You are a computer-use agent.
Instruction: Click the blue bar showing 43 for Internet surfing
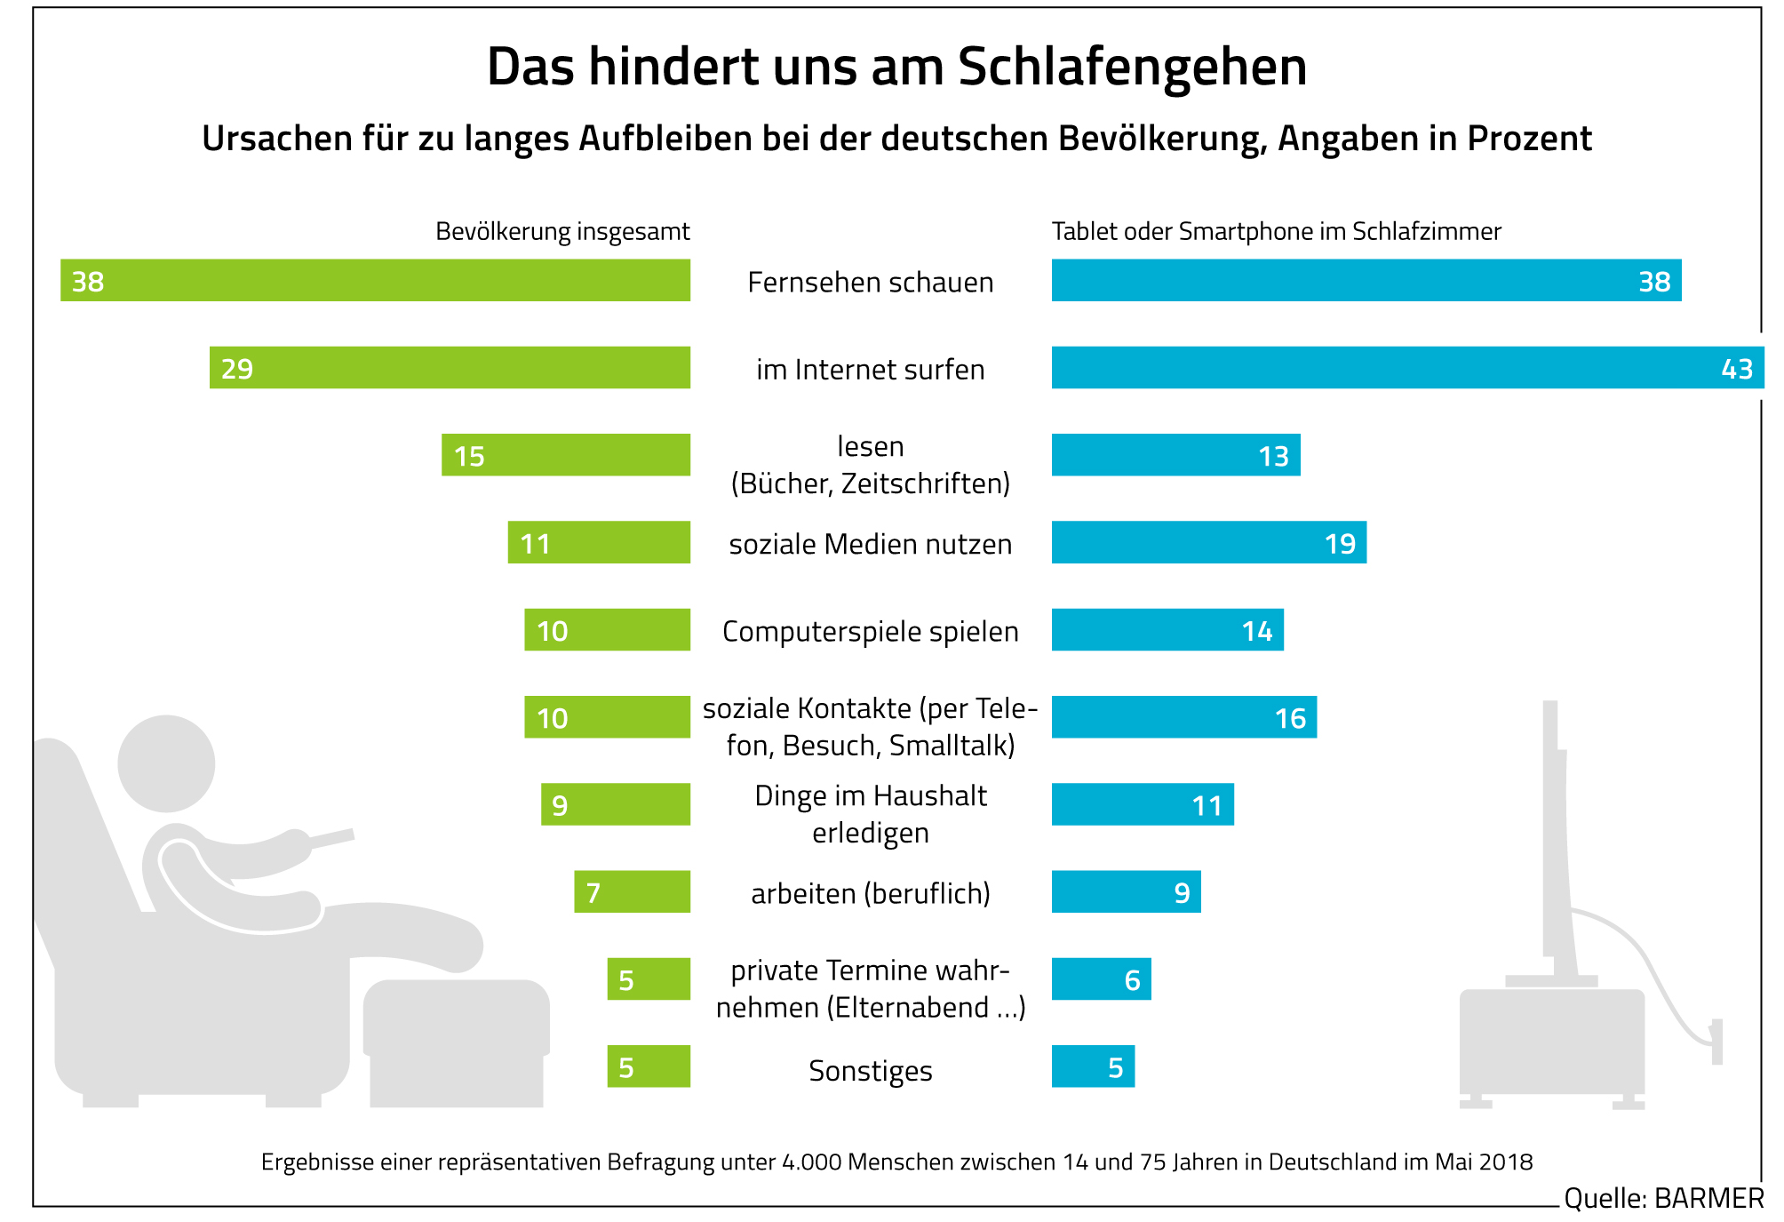[x=1407, y=368]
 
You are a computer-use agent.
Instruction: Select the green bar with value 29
[x=450, y=368]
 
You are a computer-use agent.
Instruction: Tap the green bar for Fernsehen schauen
[x=375, y=281]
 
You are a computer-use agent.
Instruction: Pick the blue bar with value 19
[x=1208, y=542]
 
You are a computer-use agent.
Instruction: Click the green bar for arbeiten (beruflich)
[x=632, y=891]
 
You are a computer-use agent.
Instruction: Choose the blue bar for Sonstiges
[x=1093, y=1066]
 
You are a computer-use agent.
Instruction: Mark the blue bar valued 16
[x=1183, y=717]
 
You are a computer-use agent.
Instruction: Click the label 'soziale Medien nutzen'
[x=870, y=544]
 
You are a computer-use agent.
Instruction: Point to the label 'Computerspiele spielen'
[x=870, y=631]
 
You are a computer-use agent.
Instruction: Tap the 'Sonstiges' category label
[x=870, y=1071]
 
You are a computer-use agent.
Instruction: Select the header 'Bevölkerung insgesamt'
[x=562, y=232]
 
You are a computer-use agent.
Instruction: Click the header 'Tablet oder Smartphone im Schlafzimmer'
[x=1276, y=232]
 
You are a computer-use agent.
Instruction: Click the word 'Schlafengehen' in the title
[x=1133, y=67]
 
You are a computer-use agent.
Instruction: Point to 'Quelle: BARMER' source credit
[x=1663, y=1198]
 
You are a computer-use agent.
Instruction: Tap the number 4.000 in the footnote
[x=811, y=1162]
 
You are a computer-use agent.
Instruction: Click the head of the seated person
[x=166, y=763]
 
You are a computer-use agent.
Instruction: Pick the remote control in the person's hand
[x=331, y=837]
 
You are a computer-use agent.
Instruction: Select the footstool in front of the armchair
[x=456, y=1040]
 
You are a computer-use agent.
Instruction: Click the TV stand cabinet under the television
[x=1551, y=1042]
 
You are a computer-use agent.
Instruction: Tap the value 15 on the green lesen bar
[x=469, y=456]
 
